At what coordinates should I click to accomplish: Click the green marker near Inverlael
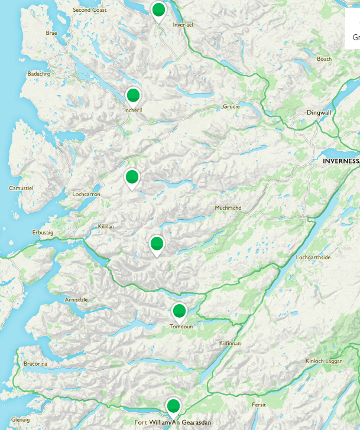pyautogui.click(x=158, y=11)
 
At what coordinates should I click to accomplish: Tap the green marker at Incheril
pyautogui.click(x=134, y=96)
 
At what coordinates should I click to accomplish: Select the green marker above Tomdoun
pyautogui.click(x=179, y=311)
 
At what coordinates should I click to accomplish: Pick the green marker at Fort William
pyautogui.click(x=173, y=406)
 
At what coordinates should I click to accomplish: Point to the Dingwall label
pyautogui.click(x=319, y=112)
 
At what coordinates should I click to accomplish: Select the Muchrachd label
pyautogui.click(x=228, y=208)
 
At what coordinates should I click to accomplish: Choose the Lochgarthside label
pyautogui.click(x=313, y=258)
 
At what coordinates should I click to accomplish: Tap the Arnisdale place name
pyautogui.click(x=76, y=299)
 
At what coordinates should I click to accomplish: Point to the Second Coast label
pyautogui.click(x=89, y=11)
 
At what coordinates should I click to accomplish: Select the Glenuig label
pyautogui.click(x=20, y=419)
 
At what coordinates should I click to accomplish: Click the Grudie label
pyautogui.click(x=231, y=107)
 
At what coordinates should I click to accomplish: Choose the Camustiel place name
pyautogui.click(x=21, y=188)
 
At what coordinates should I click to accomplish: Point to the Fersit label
pyautogui.click(x=258, y=405)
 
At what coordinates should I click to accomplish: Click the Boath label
pyautogui.click(x=324, y=59)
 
